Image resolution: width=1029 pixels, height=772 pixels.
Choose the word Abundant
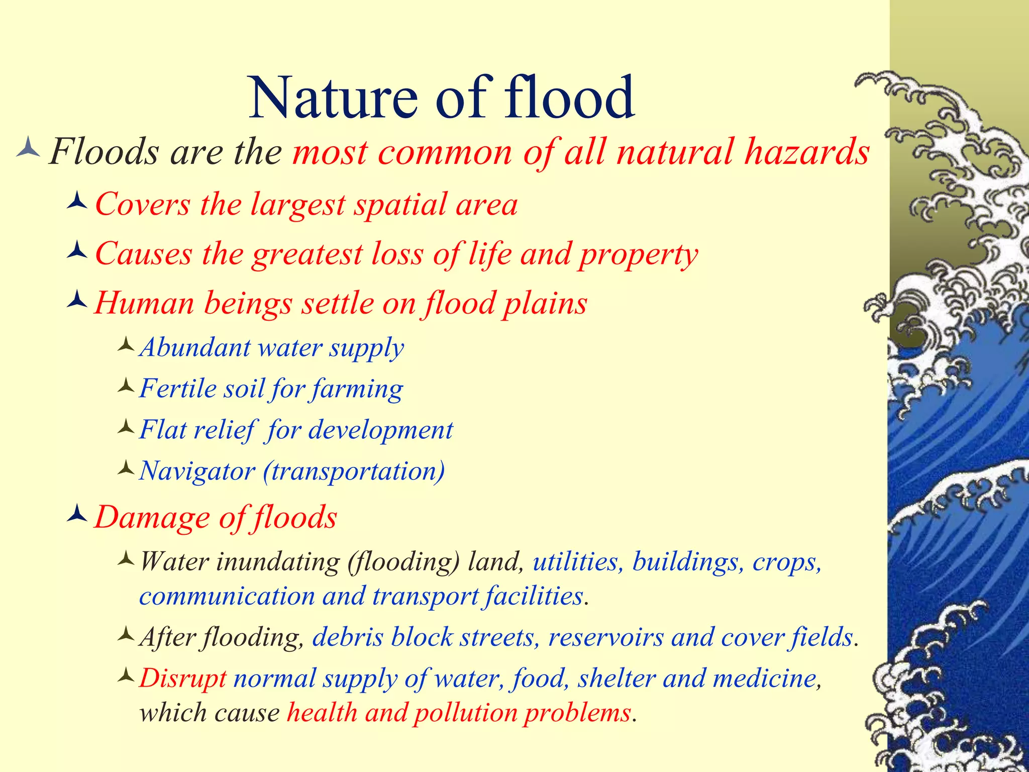coord(195,347)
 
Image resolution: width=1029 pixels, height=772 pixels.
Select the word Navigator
coord(197,471)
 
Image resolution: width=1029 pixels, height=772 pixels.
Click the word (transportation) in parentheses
coord(354,471)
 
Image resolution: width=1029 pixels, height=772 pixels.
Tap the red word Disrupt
coord(183,679)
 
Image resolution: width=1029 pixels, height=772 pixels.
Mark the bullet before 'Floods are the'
coord(28,149)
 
